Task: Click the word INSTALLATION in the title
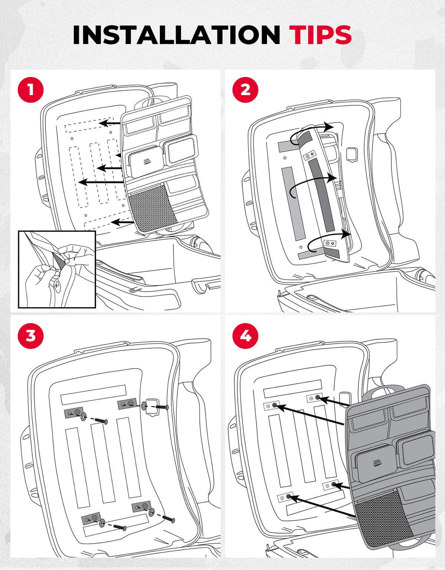pos(176,35)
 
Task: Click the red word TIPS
pos(320,35)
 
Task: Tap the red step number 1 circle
pos(30,90)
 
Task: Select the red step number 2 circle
pos(245,90)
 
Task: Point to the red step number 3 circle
pos(30,336)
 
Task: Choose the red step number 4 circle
pos(245,336)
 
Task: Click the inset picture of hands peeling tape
pos(57,269)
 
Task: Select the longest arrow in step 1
pos(101,182)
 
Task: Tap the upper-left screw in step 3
pos(101,421)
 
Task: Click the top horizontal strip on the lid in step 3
pos(93,394)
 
